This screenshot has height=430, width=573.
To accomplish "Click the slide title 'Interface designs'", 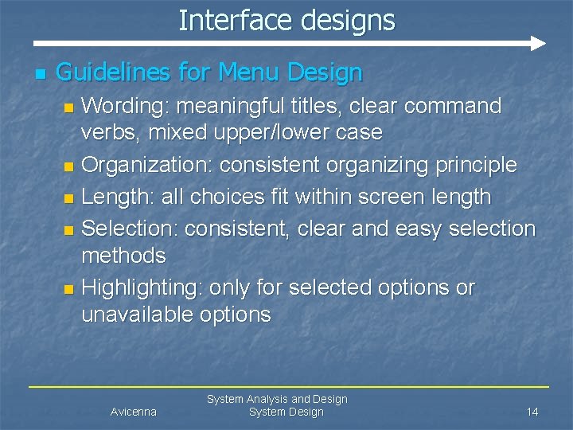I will pyautogui.click(x=286, y=20).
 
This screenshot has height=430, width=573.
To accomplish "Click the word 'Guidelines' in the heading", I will pyautogui.click(x=113, y=73).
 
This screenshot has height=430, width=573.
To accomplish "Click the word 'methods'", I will pyautogui.click(x=123, y=256).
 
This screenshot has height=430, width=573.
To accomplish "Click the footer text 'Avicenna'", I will pyautogui.click(x=133, y=412).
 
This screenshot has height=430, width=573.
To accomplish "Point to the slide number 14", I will pyautogui.click(x=532, y=412).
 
